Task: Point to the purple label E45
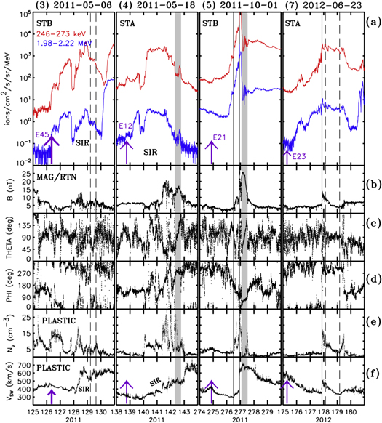(x=43, y=135)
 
